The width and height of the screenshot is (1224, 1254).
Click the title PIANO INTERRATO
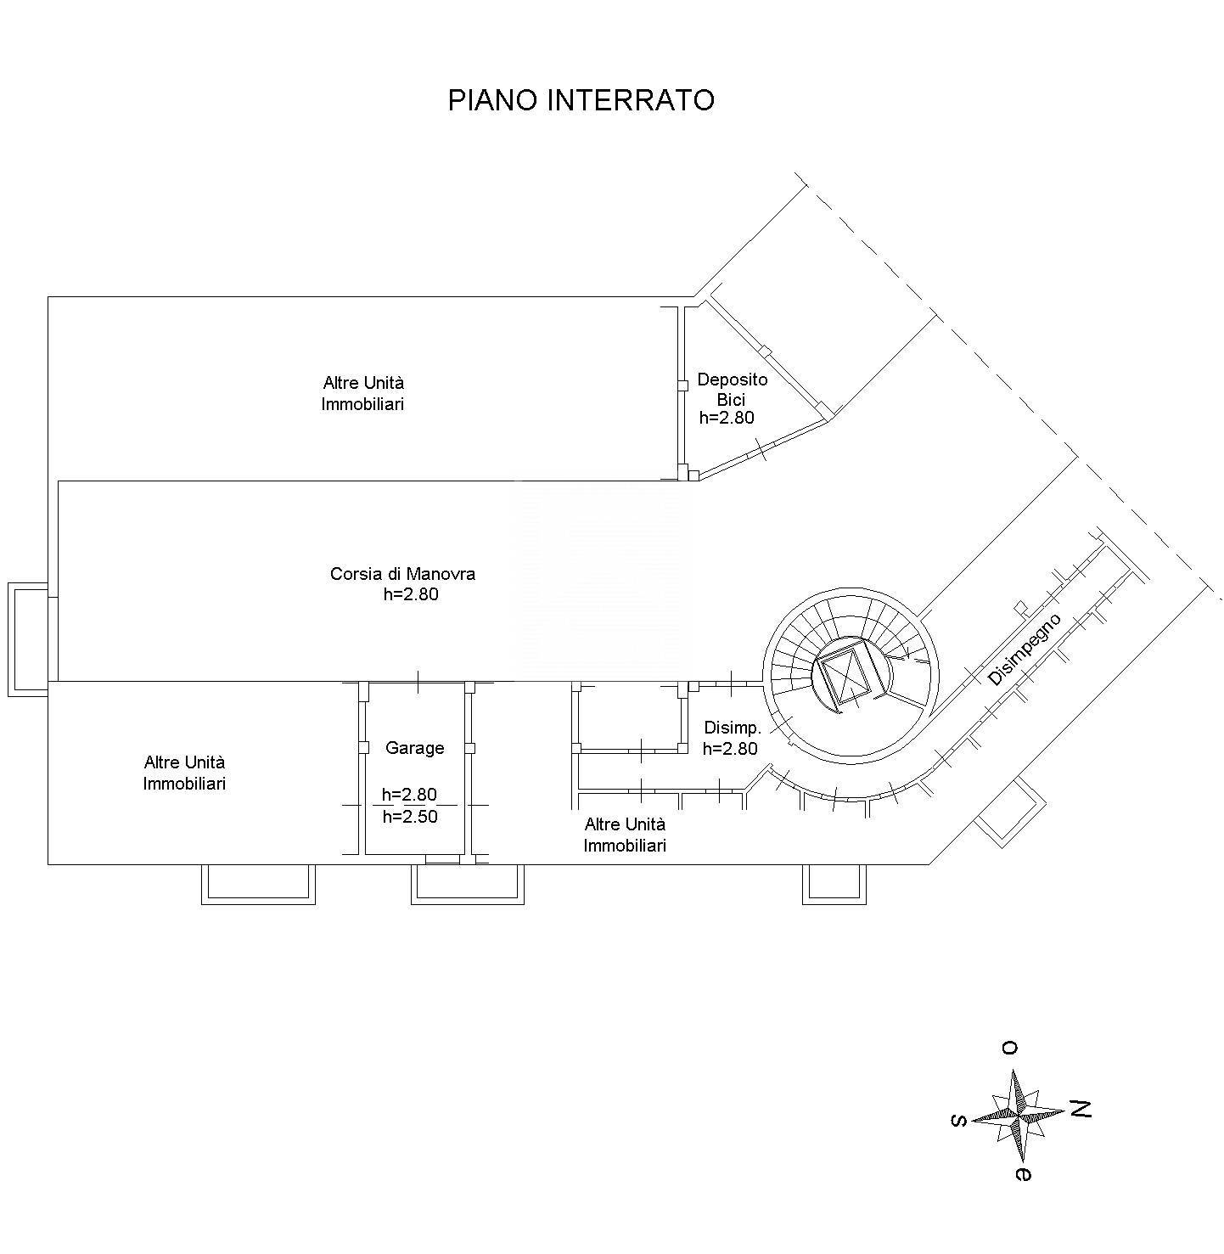tap(581, 100)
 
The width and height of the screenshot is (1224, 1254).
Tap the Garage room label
tap(415, 748)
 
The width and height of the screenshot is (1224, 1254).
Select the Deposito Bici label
tap(733, 389)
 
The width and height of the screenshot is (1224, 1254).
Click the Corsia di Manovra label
tap(402, 574)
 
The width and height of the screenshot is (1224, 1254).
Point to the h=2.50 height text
tap(410, 817)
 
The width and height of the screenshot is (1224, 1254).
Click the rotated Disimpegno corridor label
tap(1025, 649)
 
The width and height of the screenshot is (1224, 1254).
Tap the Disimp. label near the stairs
tap(733, 728)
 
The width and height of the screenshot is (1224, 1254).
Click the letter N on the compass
tap(1081, 1126)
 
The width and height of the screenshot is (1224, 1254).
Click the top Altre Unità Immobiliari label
tap(363, 393)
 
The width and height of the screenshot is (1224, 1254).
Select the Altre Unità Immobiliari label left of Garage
tap(184, 773)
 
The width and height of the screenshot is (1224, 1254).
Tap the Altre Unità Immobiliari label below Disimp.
tap(625, 835)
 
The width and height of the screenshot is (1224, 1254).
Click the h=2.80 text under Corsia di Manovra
tap(411, 594)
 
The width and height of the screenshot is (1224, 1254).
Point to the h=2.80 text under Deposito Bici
tap(727, 418)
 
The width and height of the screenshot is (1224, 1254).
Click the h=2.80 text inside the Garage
tap(410, 795)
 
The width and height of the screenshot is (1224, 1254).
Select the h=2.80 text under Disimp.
tap(731, 749)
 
